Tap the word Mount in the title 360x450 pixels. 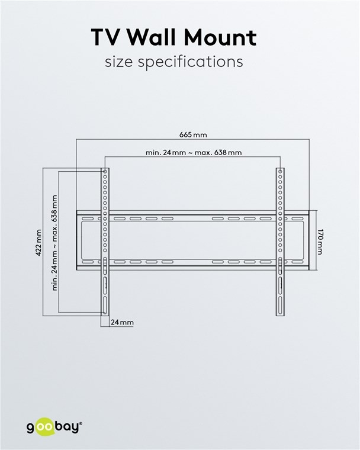(220, 37)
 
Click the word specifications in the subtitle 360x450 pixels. (190, 62)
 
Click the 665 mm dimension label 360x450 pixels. (193, 134)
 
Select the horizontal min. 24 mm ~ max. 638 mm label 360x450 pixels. (194, 152)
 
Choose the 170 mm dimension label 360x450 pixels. (320, 242)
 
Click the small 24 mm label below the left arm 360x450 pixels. (122, 322)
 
